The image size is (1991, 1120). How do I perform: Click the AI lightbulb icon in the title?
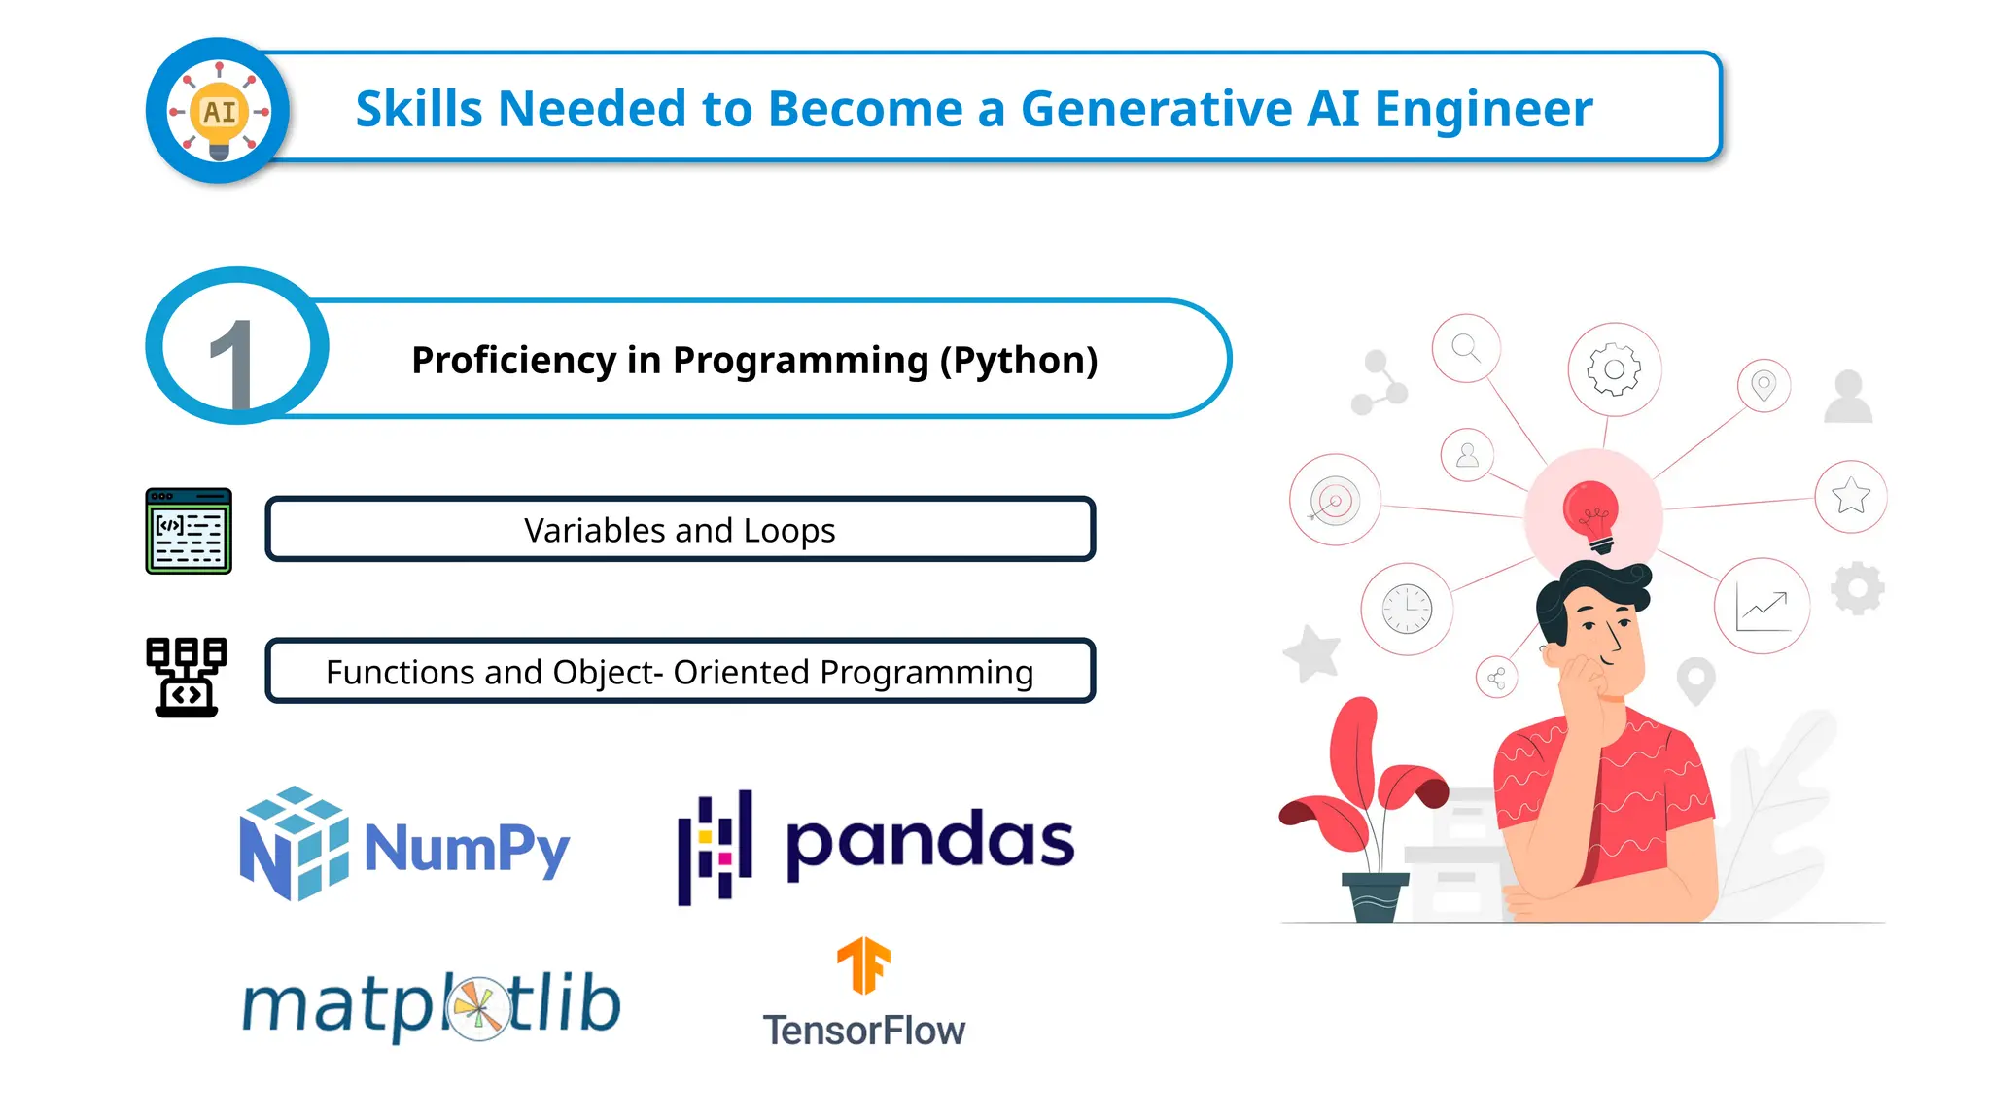click(x=219, y=111)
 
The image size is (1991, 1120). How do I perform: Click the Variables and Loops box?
click(x=680, y=530)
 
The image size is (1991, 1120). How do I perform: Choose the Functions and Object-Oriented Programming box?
click(x=680, y=672)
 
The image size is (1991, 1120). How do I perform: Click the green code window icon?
click(x=189, y=531)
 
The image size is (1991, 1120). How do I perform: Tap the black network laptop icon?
click(x=187, y=678)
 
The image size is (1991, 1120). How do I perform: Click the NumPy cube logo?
click(x=294, y=843)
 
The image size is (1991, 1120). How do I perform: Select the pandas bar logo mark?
click(x=716, y=846)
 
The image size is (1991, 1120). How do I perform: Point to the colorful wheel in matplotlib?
click(x=478, y=1008)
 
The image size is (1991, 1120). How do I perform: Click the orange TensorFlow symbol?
click(x=863, y=965)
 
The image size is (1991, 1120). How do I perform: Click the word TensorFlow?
click(x=863, y=1031)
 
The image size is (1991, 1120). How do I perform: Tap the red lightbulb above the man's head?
click(x=1591, y=513)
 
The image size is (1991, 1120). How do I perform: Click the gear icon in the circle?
click(x=1614, y=369)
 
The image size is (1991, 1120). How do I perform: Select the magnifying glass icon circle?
click(x=1466, y=348)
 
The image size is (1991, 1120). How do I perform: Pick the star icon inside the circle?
click(x=1850, y=496)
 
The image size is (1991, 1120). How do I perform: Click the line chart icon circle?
click(x=1762, y=607)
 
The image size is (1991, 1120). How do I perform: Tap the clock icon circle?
click(x=1407, y=610)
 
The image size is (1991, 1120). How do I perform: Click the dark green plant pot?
click(x=1375, y=895)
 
